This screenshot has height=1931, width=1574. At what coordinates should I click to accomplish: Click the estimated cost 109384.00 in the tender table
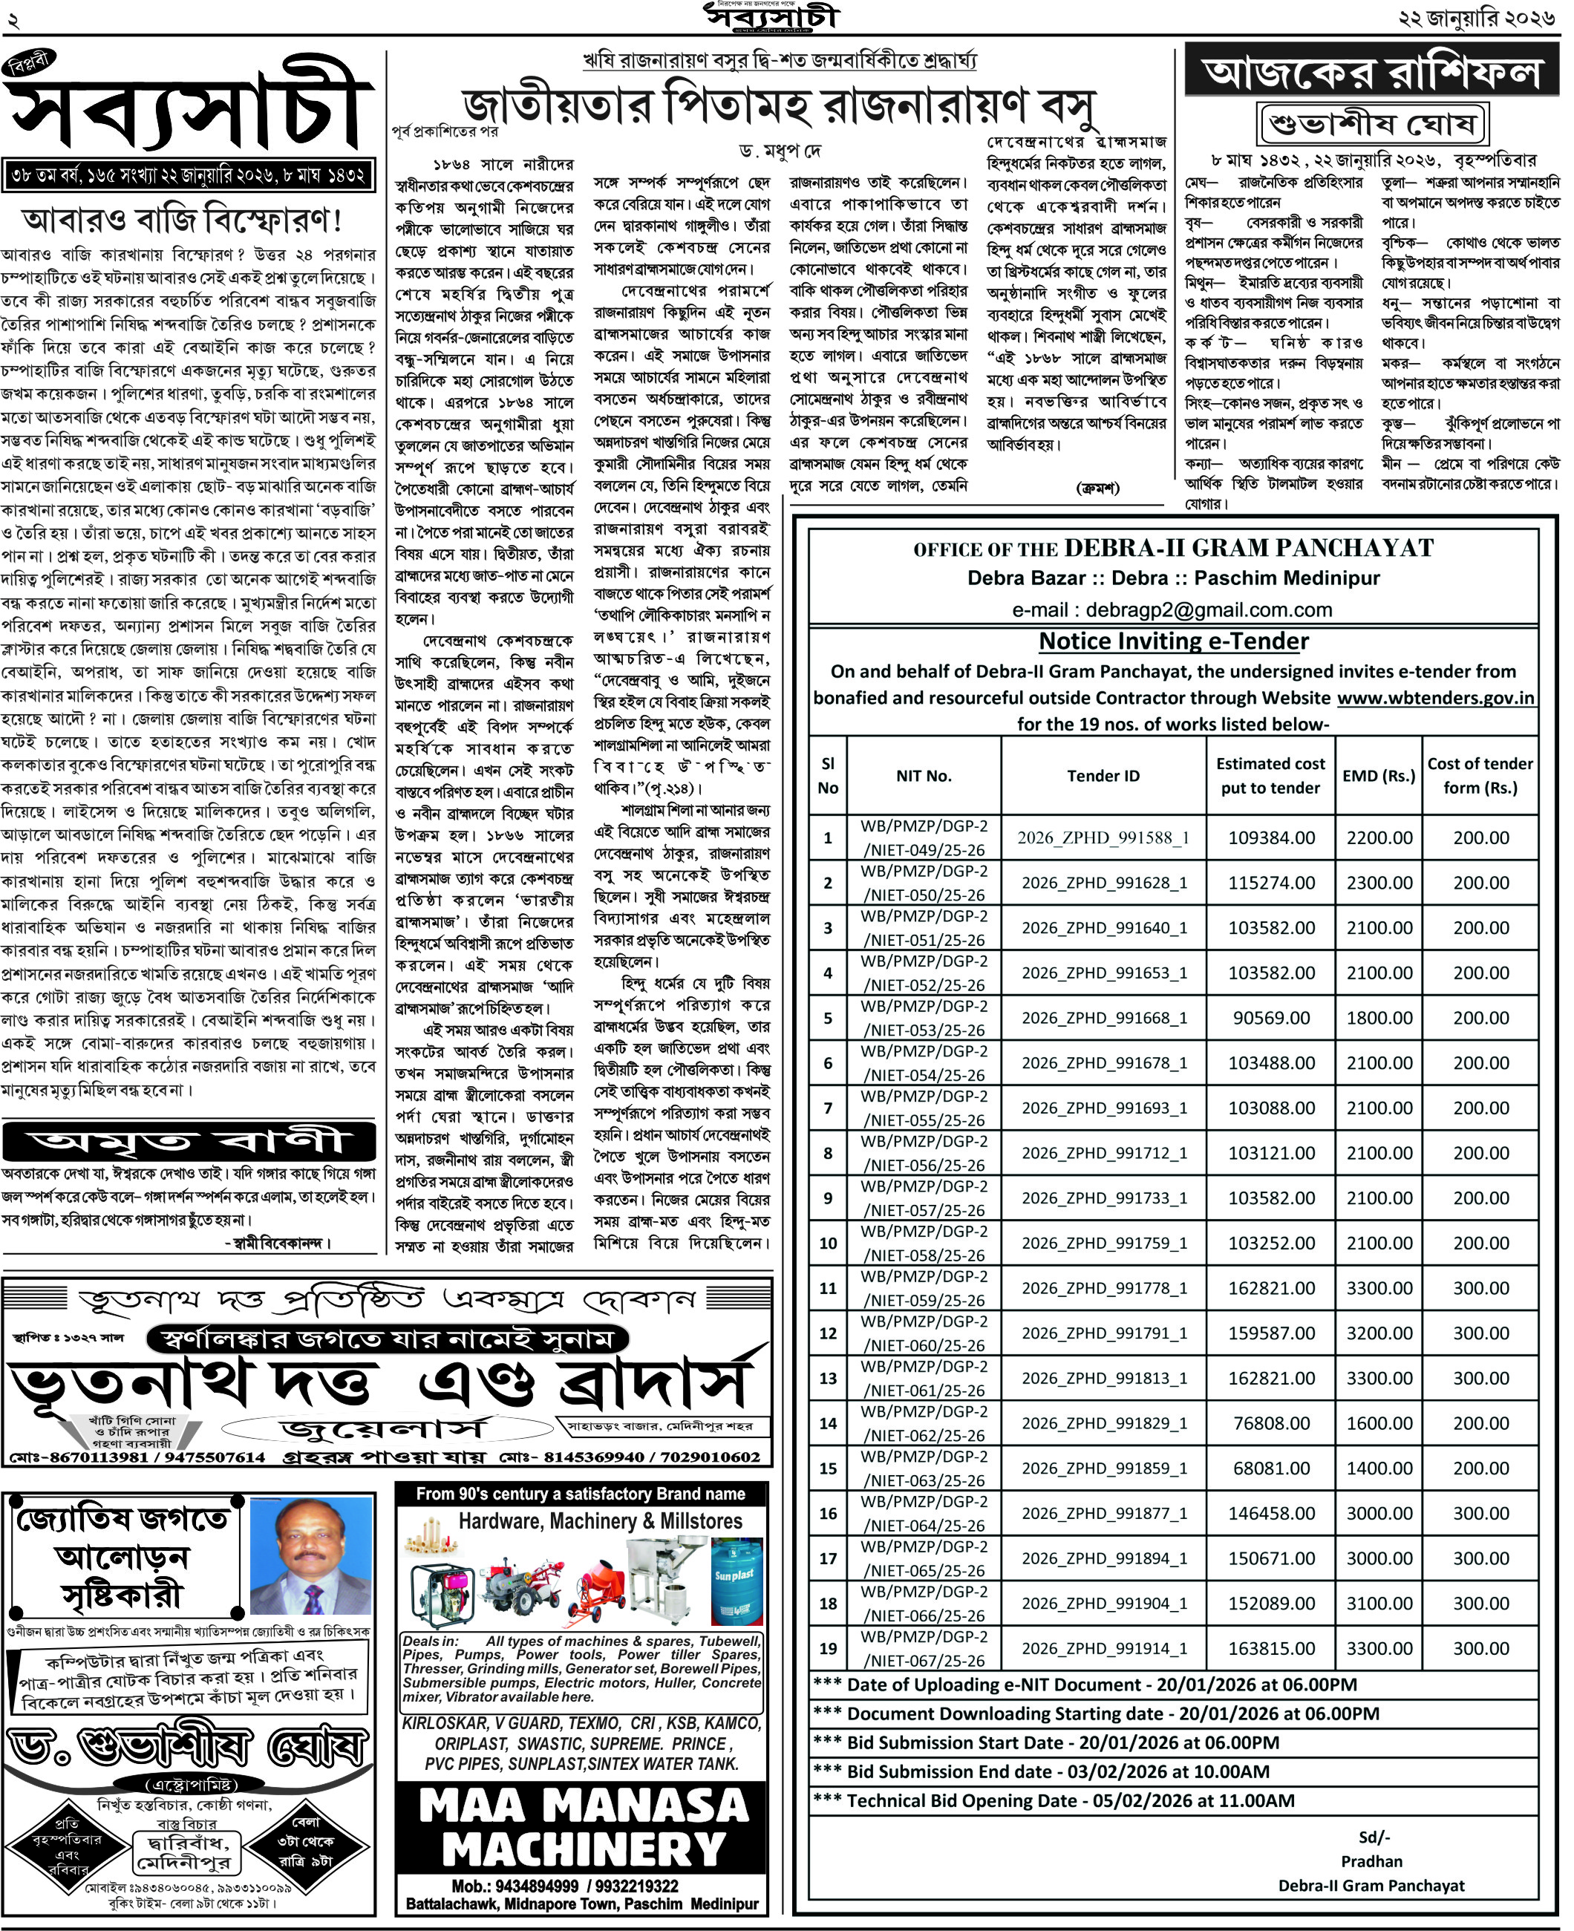click(1270, 837)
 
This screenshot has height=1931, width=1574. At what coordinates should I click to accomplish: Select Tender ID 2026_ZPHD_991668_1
click(1103, 1018)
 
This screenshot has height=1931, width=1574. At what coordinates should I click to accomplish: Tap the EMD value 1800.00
click(1378, 1018)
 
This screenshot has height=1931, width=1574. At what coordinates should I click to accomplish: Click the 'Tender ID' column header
click(1103, 776)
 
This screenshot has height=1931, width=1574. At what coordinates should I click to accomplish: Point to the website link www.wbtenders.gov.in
click(1435, 698)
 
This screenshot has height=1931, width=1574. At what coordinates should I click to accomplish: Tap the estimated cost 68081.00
click(1270, 1468)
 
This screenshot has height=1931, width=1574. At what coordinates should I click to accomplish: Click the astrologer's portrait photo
click(311, 1555)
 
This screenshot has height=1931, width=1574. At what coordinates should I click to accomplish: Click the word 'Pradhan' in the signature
click(1371, 1861)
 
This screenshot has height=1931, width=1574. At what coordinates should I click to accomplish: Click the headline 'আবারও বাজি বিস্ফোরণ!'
click(181, 220)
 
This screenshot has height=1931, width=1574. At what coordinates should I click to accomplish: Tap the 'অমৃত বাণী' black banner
click(189, 1141)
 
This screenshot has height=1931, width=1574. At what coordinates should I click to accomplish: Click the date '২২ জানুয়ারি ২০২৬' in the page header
click(1476, 18)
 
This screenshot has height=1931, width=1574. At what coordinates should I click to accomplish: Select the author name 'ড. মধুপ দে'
click(779, 151)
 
